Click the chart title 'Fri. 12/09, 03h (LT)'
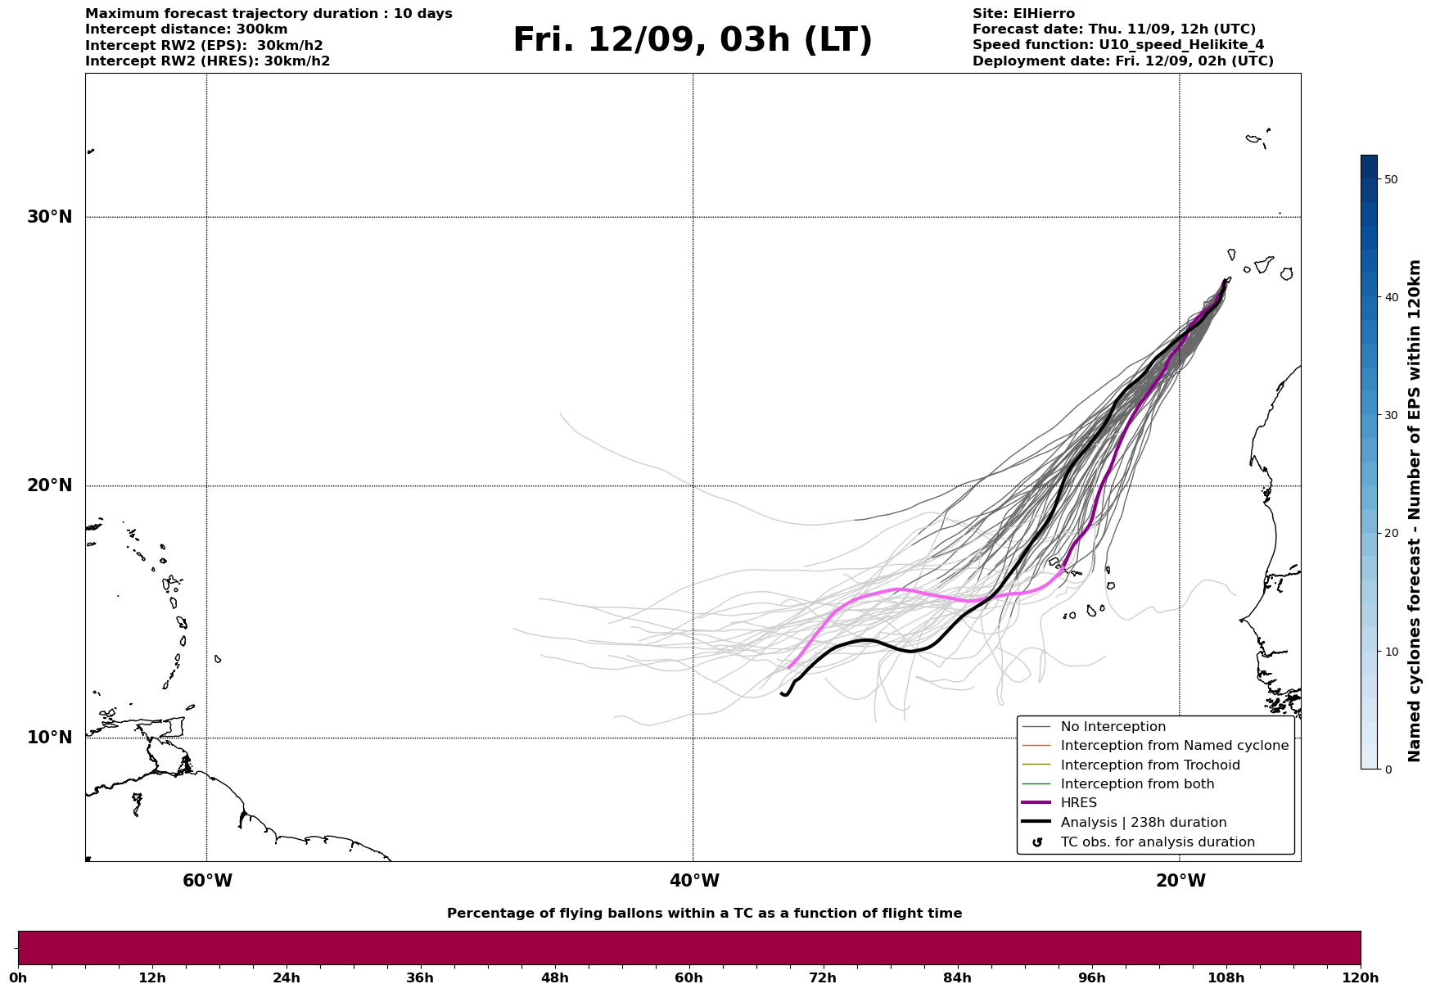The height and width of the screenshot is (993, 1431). pyautogui.click(x=693, y=41)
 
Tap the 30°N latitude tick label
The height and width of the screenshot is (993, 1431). pyautogui.click(x=49, y=217)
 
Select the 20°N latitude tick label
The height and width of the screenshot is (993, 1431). pyautogui.click(x=49, y=485)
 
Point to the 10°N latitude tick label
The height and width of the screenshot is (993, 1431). pyautogui.click(x=49, y=738)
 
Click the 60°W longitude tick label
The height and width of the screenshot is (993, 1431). pyautogui.click(x=207, y=881)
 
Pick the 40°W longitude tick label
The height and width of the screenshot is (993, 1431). pyautogui.click(x=694, y=881)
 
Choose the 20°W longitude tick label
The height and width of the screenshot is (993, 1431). pyautogui.click(x=1180, y=881)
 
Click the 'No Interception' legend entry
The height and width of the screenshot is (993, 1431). pyautogui.click(x=1113, y=727)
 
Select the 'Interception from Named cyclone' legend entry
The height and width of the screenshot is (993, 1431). pyautogui.click(x=1174, y=746)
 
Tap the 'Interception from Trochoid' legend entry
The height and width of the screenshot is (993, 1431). pyautogui.click(x=1149, y=765)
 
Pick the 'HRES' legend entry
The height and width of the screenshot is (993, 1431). pyautogui.click(x=1078, y=803)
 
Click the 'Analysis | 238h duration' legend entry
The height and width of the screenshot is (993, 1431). pyautogui.click(x=1143, y=823)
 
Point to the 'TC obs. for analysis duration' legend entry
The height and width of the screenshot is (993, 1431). pyautogui.click(x=1157, y=842)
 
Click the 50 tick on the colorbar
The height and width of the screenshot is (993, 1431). pyautogui.click(x=1390, y=179)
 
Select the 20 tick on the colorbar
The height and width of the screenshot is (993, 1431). pyautogui.click(x=1390, y=533)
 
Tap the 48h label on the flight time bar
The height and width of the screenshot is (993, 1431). pyautogui.click(x=554, y=977)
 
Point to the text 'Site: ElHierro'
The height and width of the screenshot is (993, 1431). pyautogui.click(x=1023, y=14)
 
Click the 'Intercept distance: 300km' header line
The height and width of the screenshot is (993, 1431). pyautogui.click(x=186, y=29)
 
